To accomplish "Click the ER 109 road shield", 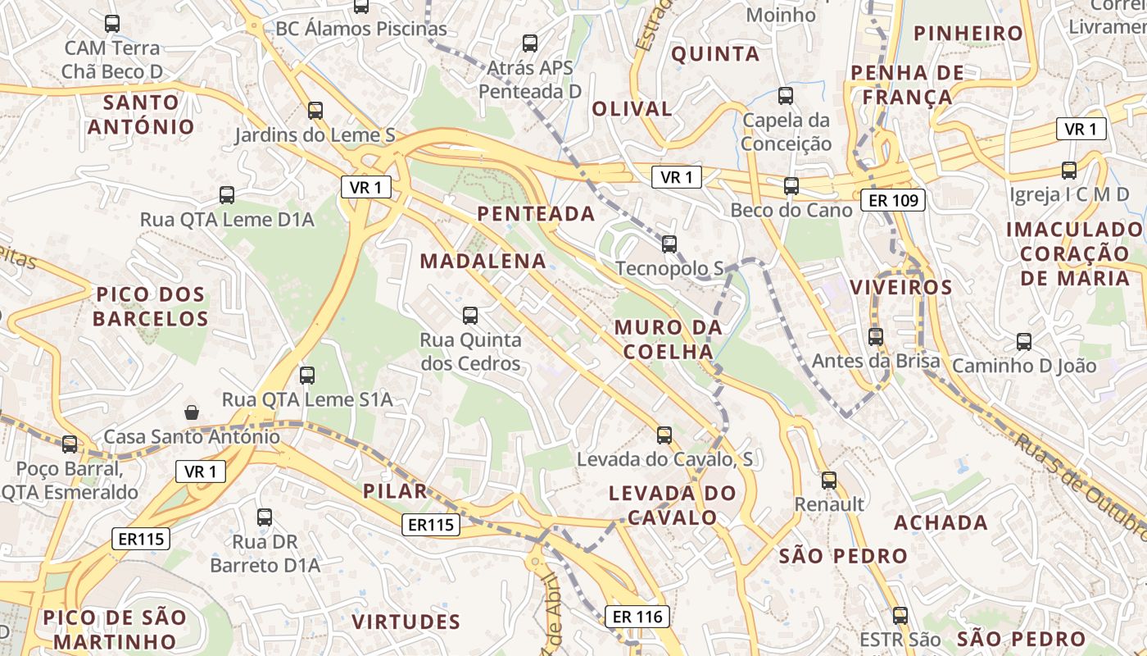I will point(893,199).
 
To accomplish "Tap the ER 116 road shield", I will point(637,616).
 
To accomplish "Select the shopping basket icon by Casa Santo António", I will point(192,412).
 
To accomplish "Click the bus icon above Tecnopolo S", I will point(669,244).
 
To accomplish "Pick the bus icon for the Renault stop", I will point(829,480).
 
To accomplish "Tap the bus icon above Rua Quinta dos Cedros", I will point(470,315).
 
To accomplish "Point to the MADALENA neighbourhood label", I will point(483,262).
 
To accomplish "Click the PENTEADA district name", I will point(536,214).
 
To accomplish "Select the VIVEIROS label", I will point(901,288).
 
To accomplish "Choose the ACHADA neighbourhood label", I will point(941,522).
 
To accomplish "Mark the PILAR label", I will point(396,491).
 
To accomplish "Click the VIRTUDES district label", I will point(406,622).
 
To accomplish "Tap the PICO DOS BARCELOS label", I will point(151,306).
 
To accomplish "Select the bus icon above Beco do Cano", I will point(791,186).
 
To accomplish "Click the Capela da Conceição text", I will point(787,132).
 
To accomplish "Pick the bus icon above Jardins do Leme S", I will point(315,110).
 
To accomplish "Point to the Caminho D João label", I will point(1023,366).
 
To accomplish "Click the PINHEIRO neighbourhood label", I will point(968,34).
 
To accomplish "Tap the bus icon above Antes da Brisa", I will point(876,336).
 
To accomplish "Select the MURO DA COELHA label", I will point(669,339).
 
